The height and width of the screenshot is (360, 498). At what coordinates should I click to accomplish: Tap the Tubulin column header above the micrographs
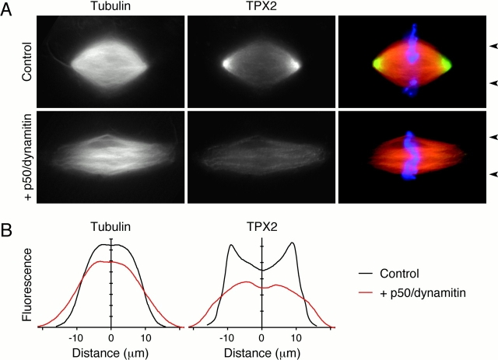pos(110,8)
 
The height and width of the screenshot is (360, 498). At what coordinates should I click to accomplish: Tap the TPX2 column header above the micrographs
pos(261,8)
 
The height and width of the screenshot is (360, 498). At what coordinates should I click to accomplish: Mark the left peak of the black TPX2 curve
pos(230,245)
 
